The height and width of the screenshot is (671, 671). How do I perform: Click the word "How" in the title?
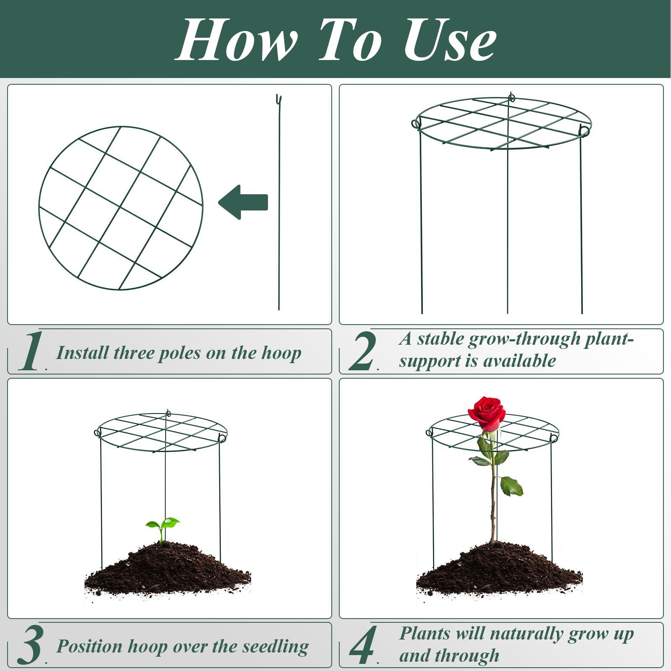pos(237,41)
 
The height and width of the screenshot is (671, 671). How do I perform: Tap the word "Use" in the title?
pos(450,41)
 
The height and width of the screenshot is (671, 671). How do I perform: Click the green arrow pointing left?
pos(243,202)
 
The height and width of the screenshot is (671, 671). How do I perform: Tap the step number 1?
pos(32,351)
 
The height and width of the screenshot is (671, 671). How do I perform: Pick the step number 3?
pos(30,645)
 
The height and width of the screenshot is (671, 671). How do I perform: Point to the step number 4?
pos(363,645)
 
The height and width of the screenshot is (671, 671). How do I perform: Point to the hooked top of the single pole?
pos(278,99)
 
